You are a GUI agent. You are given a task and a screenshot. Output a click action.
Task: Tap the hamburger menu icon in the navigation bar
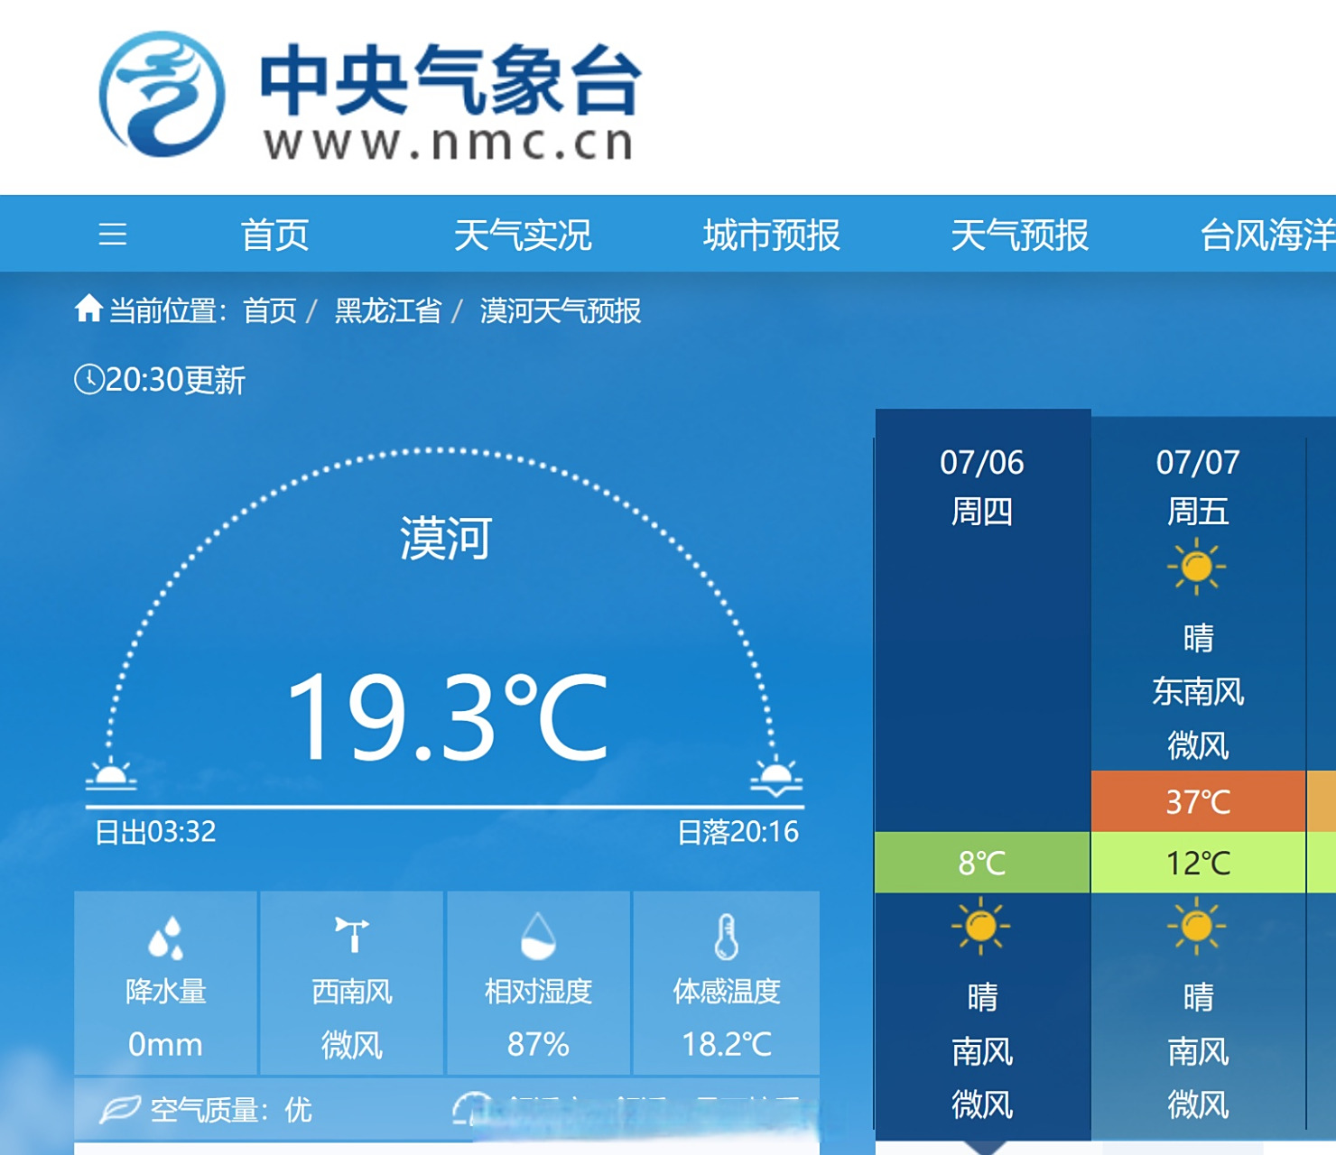pyautogui.click(x=113, y=235)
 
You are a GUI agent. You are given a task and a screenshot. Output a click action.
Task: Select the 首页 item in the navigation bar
pyautogui.click(x=275, y=236)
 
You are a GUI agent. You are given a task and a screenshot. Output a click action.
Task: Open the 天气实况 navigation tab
pyautogui.click(x=523, y=236)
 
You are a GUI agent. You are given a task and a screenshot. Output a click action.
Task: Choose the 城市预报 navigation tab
pyautogui.click(x=772, y=236)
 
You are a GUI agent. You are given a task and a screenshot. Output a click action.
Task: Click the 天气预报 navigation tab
pyautogui.click(x=1020, y=236)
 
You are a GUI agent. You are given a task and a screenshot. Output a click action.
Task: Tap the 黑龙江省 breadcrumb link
pyautogui.click(x=388, y=311)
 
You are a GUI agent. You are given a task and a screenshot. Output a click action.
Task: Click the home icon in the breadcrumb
pyautogui.click(x=88, y=309)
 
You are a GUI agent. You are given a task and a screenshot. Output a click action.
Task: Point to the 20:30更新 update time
pyautogui.click(x=161, y=380)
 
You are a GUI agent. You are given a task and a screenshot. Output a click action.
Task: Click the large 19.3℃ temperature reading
pyautogui.click(x=447, y=717)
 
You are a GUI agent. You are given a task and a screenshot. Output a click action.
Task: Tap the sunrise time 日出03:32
pyautogui.click(x=156, y=832)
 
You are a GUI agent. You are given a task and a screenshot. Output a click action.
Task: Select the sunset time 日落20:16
pyautogui.click(x=738, y=832)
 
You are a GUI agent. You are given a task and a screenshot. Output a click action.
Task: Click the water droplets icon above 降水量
pyautogui.click(x=166, y=938)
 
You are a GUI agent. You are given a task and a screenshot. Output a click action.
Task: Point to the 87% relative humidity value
pyautogui.click(x=538, y=1044)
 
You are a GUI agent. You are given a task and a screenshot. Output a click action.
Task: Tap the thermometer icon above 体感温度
pyautogui.click(x=727, y=937)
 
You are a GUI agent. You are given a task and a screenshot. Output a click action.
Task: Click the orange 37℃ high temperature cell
pyautogui.click(x=1198, y=801)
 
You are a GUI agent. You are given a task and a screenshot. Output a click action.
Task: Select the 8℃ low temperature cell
pyautogui.click(x=982, y=864)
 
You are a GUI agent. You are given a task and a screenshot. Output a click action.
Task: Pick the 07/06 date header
pyautogui.click(x=982, y=462)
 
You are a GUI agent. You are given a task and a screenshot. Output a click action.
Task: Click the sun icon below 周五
pyautogui.click(x=1197, y=567)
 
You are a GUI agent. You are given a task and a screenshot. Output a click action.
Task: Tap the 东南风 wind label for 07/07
pyautogui.click(x=1198, y=692)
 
